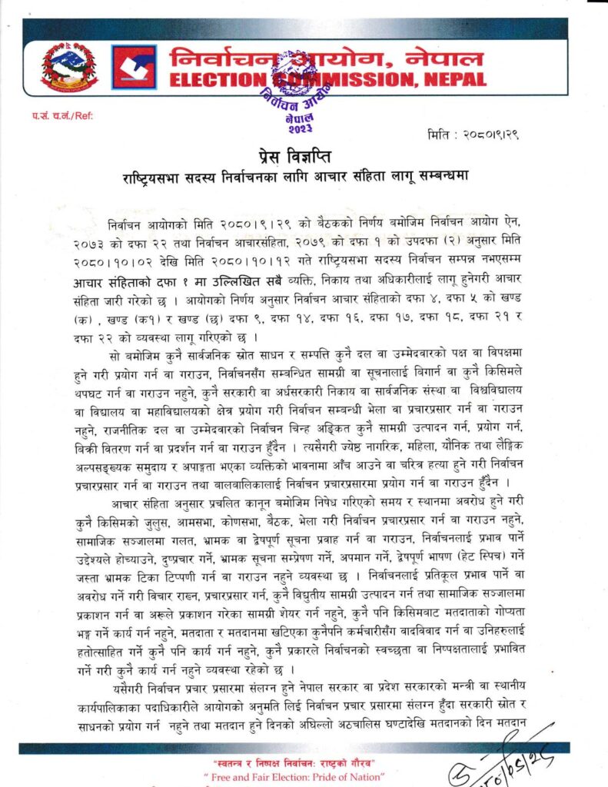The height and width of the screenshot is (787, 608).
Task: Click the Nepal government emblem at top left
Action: (x=69, y=67)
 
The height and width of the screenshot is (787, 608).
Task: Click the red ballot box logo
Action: (x=134, y=68)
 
